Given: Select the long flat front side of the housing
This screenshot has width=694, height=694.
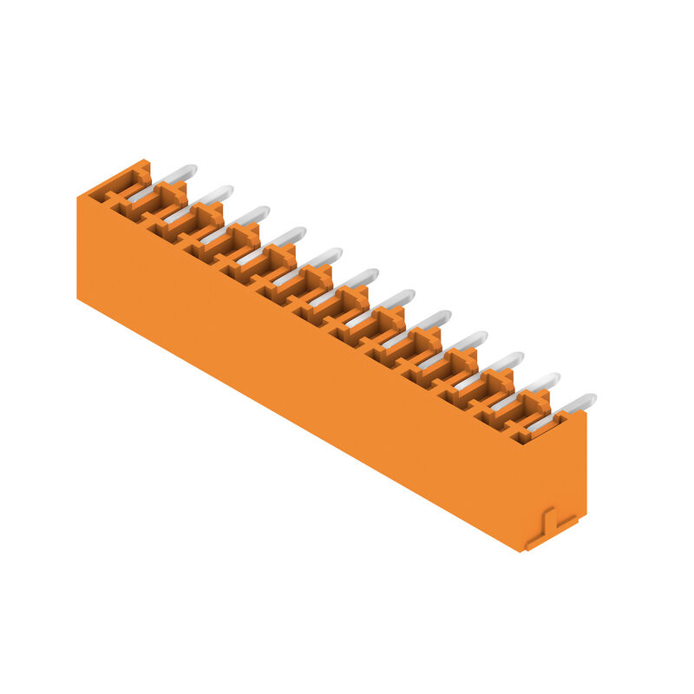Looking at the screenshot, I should [x=295, y=373].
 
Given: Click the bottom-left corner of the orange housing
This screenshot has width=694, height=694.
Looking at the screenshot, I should [x=78, y=298].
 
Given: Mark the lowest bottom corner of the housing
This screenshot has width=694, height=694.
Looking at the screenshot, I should [x=523, y=552].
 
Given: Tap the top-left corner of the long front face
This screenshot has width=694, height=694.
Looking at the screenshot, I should [x=78, y=199].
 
